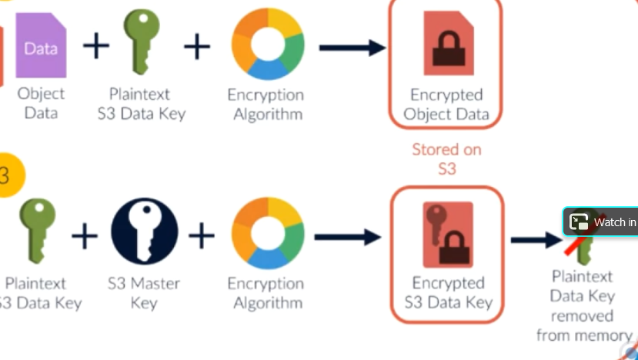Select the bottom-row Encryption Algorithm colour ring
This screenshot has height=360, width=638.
click(267, 234)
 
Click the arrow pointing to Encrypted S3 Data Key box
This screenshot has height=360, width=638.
click(347, 236)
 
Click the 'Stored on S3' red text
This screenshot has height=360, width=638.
click(446, 158)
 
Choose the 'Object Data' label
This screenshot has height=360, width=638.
click(42, 104)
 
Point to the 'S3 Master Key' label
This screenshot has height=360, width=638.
click(144, 293)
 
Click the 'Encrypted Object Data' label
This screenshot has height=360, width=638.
click(446, 105)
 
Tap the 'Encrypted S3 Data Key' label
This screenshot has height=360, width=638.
click(447, 292)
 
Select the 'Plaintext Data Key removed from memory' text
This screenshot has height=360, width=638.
click(583, 305)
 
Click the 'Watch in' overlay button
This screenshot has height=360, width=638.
click(602, 222)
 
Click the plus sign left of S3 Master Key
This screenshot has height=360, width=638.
click(85, 234)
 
